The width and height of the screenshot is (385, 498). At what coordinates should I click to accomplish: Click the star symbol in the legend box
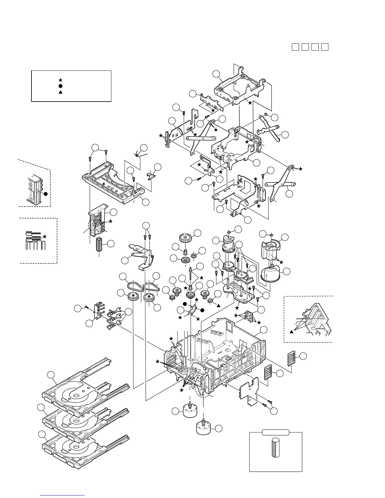click(x=60, y=80)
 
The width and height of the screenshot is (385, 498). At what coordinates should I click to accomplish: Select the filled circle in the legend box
click(x=60, y=86)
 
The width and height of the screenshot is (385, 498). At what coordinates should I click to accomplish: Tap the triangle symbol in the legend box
click(x=60, y=92)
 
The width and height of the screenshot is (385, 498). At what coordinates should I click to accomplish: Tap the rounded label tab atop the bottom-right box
click(x=276, y=432)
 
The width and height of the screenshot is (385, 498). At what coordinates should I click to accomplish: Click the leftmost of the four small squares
click(x=295, y=47)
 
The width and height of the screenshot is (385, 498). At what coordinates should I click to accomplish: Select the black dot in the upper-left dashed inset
click(x=45, y=194)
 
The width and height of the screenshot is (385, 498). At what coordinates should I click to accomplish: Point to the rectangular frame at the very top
click(x=241, y=84)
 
